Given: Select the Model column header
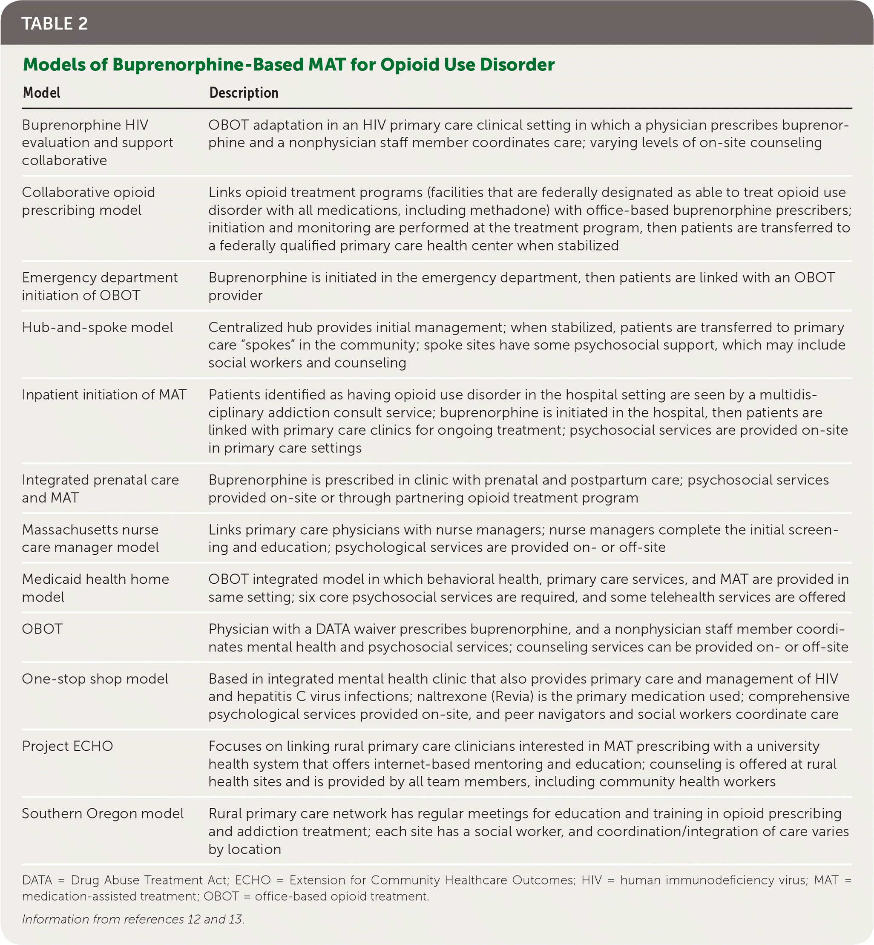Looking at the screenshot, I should click(42, 93).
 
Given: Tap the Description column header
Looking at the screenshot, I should click(244, 93).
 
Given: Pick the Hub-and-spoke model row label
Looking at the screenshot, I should click(98, 327).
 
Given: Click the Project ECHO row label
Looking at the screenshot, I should click(67, 746).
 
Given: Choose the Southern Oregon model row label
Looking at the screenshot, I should click(103, 813).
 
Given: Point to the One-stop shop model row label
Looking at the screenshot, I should click(95, 679).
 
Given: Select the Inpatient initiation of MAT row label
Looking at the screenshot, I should click(104, 395).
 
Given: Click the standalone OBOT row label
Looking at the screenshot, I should click(42, 628).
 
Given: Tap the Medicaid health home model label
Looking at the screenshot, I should click(95, 588).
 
